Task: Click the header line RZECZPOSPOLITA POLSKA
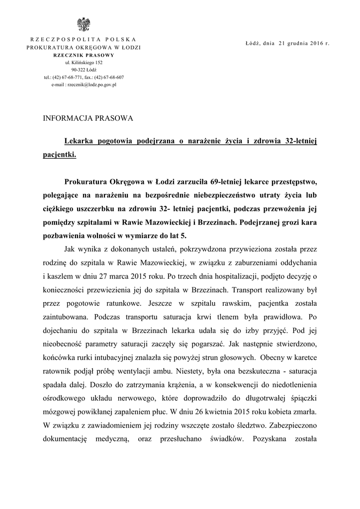point(84,39)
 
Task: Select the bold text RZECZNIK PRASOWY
point(84,55)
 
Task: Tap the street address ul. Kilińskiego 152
point(84,63)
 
